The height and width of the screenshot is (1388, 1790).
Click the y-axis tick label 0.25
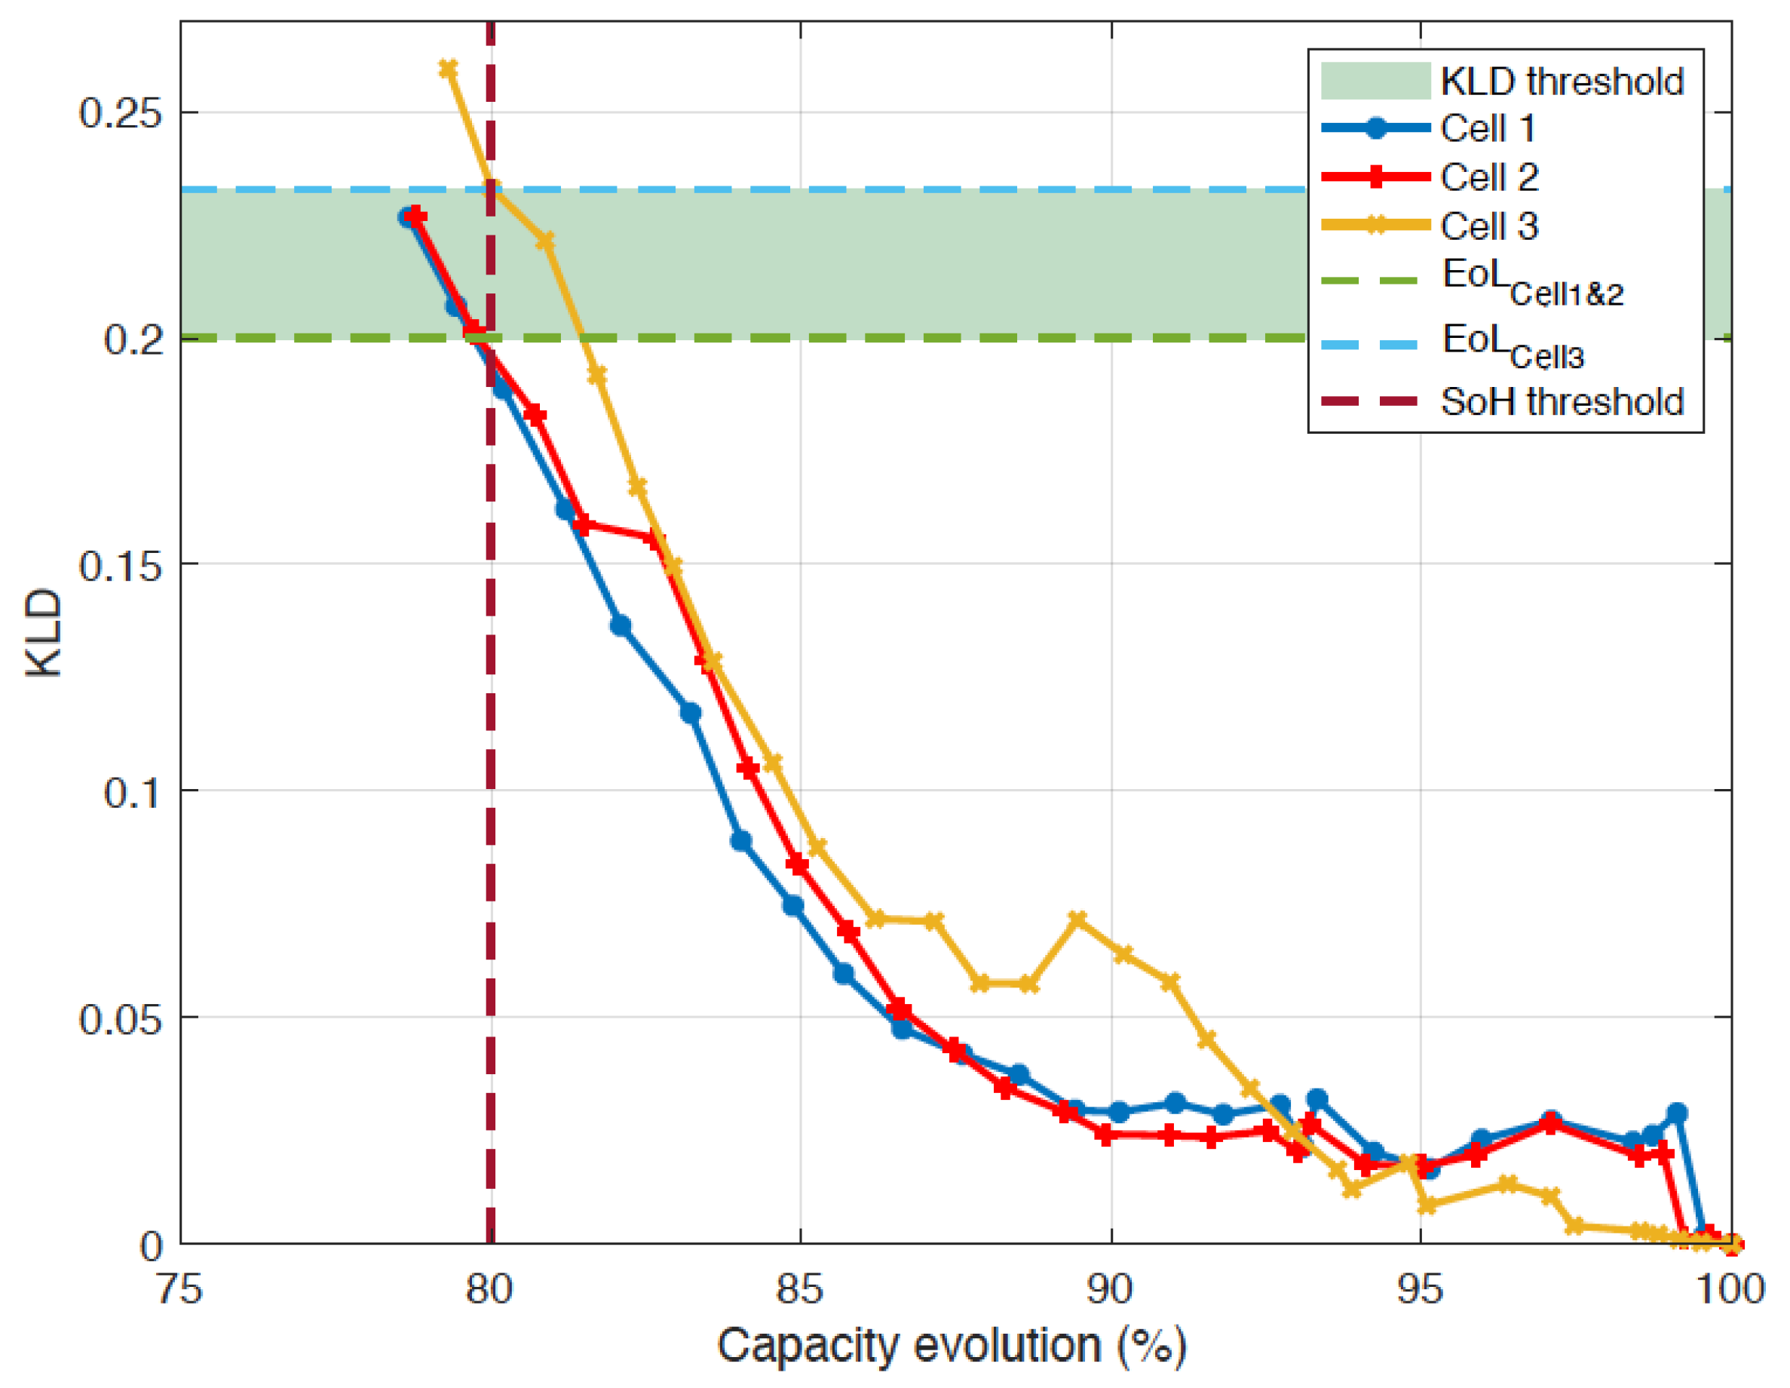(x=119, y=112)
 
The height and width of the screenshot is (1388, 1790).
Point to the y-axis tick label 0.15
(x=119, y=566)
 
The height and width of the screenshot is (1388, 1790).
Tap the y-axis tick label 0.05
(x=119, y=1019)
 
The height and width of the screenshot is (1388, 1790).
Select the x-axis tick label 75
(x=179, y=1290)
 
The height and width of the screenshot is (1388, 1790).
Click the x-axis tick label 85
(x=800, y=1290)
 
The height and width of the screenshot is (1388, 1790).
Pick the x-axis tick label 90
(x=1111, y=1290)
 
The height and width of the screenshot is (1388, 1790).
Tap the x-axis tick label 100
(x=1731, y=1290)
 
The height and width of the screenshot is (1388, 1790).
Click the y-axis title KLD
(x=44, y=633)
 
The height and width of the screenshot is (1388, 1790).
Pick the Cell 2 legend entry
(x=1430, y=177)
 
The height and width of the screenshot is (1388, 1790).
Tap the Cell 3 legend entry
(x=1430, y=226)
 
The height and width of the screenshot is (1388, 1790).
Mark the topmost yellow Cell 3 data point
(x=449, y=69)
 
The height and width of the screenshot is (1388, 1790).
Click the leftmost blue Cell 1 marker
(x=407, y=217)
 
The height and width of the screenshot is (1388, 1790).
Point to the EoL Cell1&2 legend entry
(x=1472, y=282)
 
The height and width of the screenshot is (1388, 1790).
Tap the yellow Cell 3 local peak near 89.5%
(x=1078, y=919)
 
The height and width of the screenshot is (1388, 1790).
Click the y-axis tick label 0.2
(x=131, y=339)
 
